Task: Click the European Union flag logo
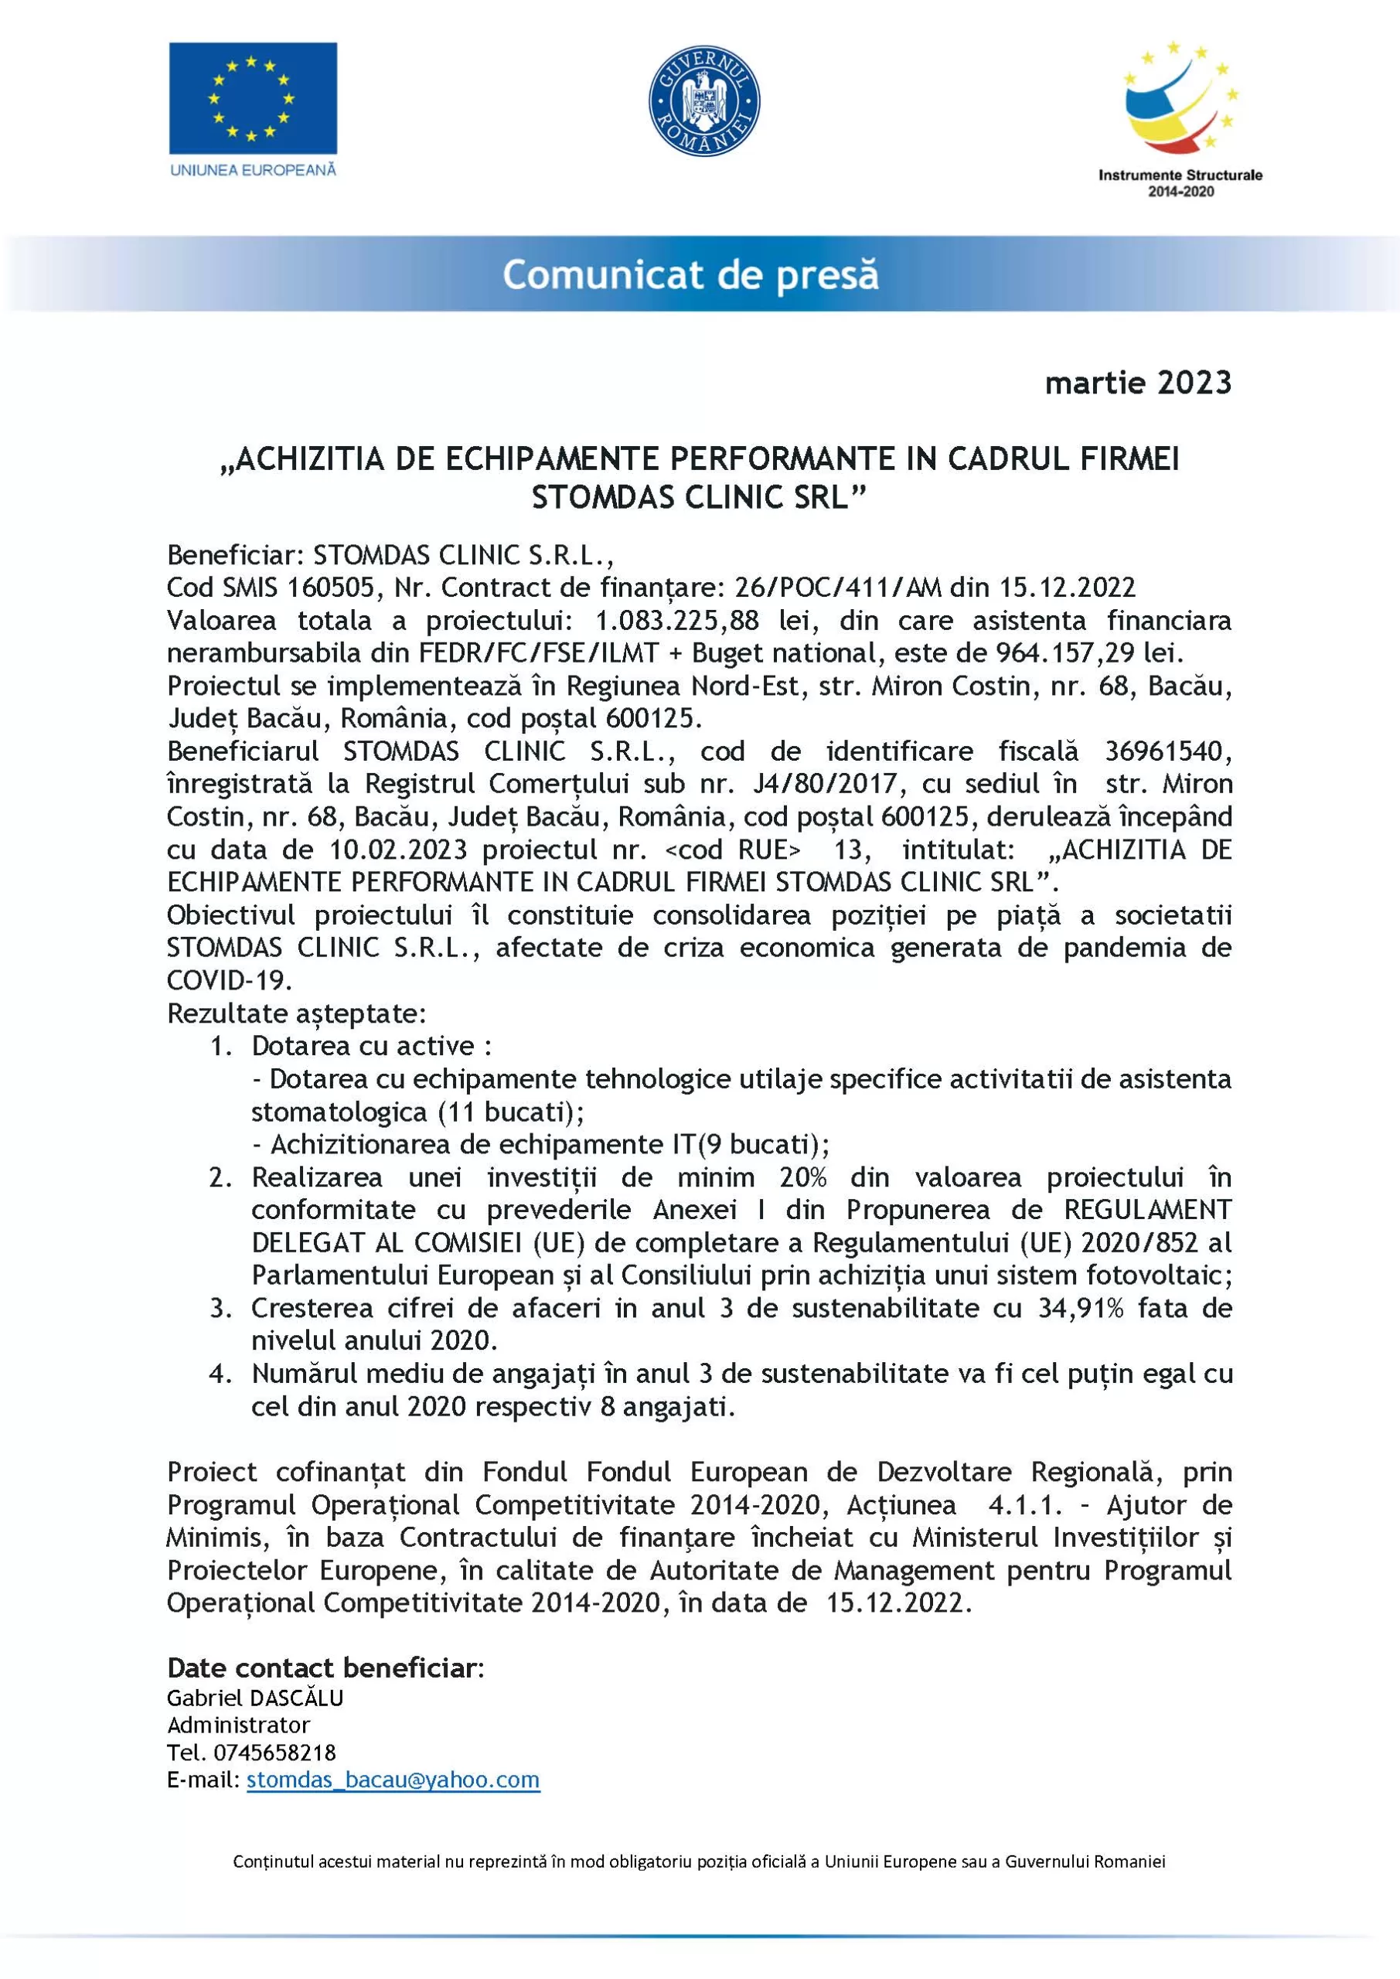(253, 98)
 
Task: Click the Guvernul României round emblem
(703, 100)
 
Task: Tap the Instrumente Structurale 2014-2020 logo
(1180, 119)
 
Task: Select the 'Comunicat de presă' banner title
(690, 275)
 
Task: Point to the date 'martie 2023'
(1138, 383)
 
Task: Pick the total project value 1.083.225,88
(676, 621)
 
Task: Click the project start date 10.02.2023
(397, 850)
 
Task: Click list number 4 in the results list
(220, 1374)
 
